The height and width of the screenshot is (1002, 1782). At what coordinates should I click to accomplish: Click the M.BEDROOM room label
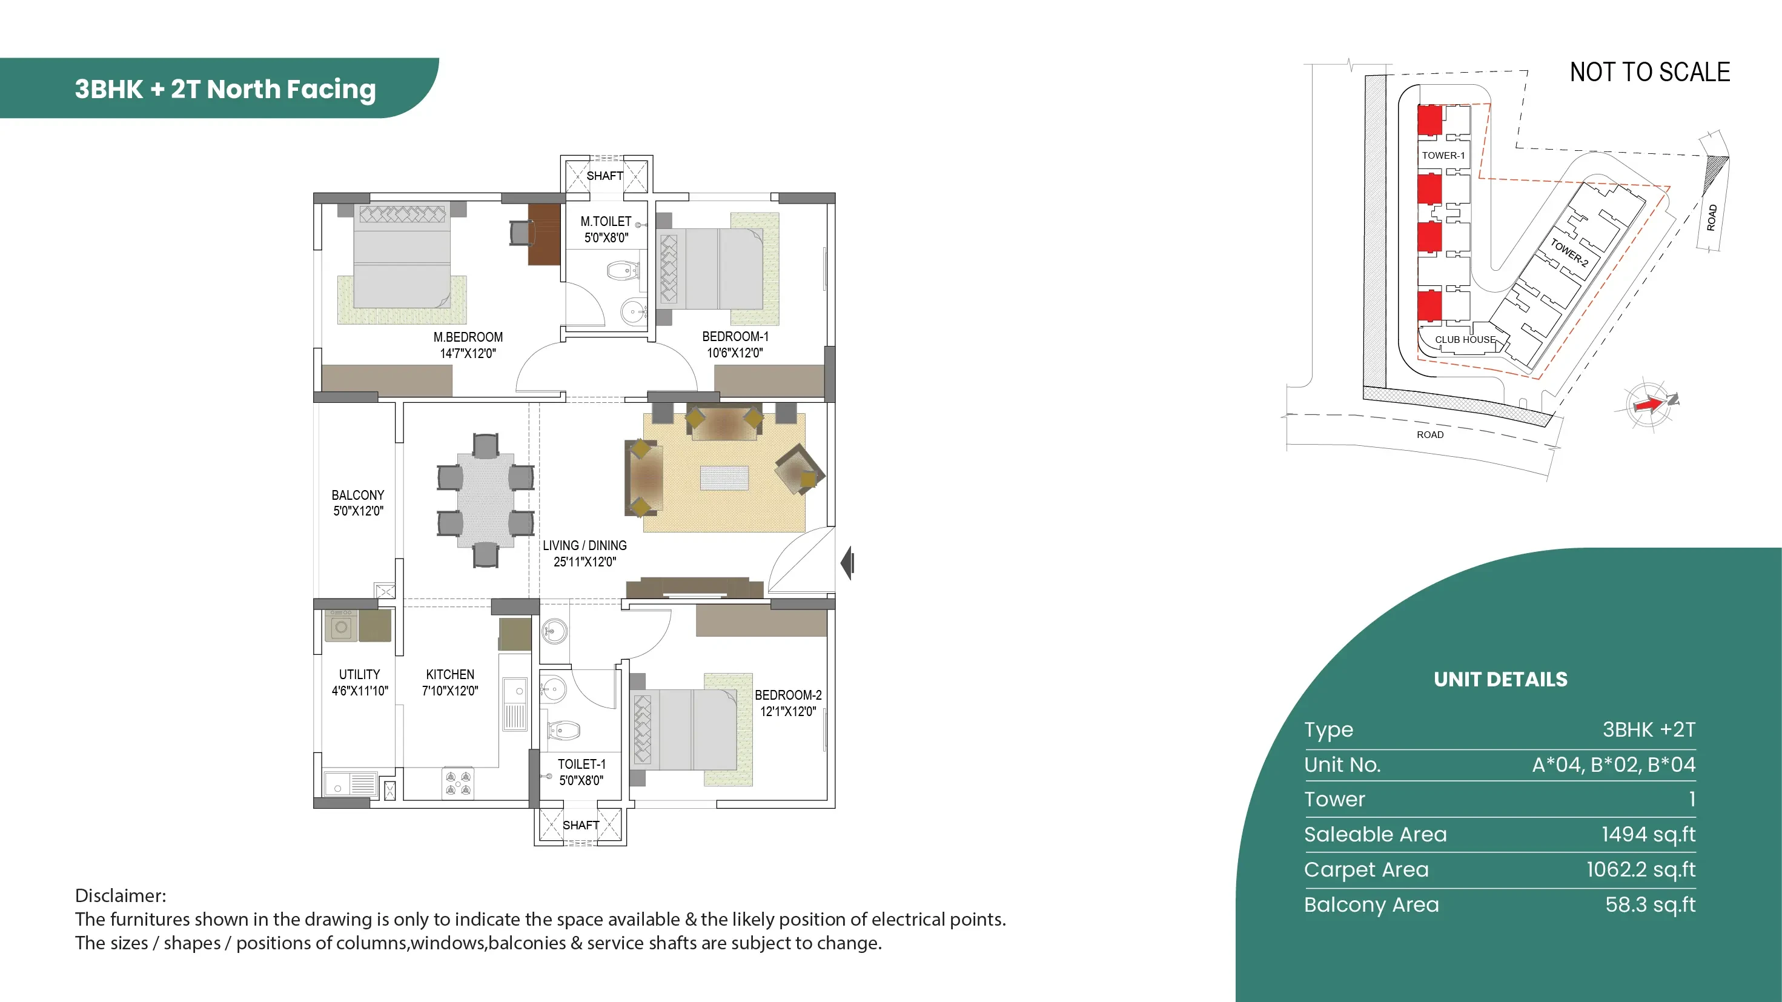(468, 337)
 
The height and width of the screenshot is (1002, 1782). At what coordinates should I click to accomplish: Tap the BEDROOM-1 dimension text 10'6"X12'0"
(735, 353)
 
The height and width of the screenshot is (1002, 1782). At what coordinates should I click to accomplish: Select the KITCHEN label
(449, 674)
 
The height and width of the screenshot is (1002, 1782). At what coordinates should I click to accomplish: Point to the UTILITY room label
(359, 674)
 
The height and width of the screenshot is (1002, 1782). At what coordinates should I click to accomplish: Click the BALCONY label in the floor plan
(357, 495)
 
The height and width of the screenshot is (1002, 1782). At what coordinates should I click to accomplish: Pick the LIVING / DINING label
(585, 545)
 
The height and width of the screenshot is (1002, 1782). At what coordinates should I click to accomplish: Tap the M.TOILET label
(606, 222)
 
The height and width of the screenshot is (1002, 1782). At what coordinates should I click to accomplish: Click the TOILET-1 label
(581, 764)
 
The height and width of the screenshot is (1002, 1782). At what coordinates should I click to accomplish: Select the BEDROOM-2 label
(788, 695)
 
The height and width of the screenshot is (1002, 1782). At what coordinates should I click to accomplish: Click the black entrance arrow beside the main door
(848, 563)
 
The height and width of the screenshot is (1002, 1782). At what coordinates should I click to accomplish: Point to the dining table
(486, 500)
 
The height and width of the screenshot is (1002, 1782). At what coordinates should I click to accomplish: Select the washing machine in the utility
(341, 626)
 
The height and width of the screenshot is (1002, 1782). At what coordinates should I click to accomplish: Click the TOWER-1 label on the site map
(1443, 155)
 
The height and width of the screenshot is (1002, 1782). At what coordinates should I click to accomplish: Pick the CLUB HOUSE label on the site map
(1465, 339)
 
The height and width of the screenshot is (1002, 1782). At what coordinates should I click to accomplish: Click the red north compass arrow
(1650, 403)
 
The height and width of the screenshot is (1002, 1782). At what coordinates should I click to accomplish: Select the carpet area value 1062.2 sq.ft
(1641, 869)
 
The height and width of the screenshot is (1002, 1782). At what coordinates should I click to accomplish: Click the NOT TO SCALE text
(1650, 72)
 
